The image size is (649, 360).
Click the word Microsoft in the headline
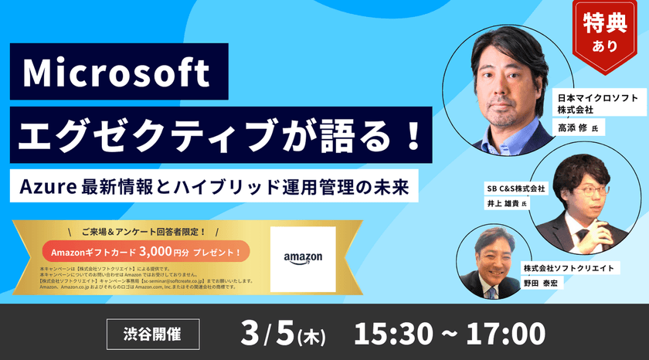coord(116,74)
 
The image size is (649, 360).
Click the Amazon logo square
coord(304,258)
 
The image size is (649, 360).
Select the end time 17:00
coord(506,334)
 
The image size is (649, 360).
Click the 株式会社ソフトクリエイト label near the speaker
coord(568,267)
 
